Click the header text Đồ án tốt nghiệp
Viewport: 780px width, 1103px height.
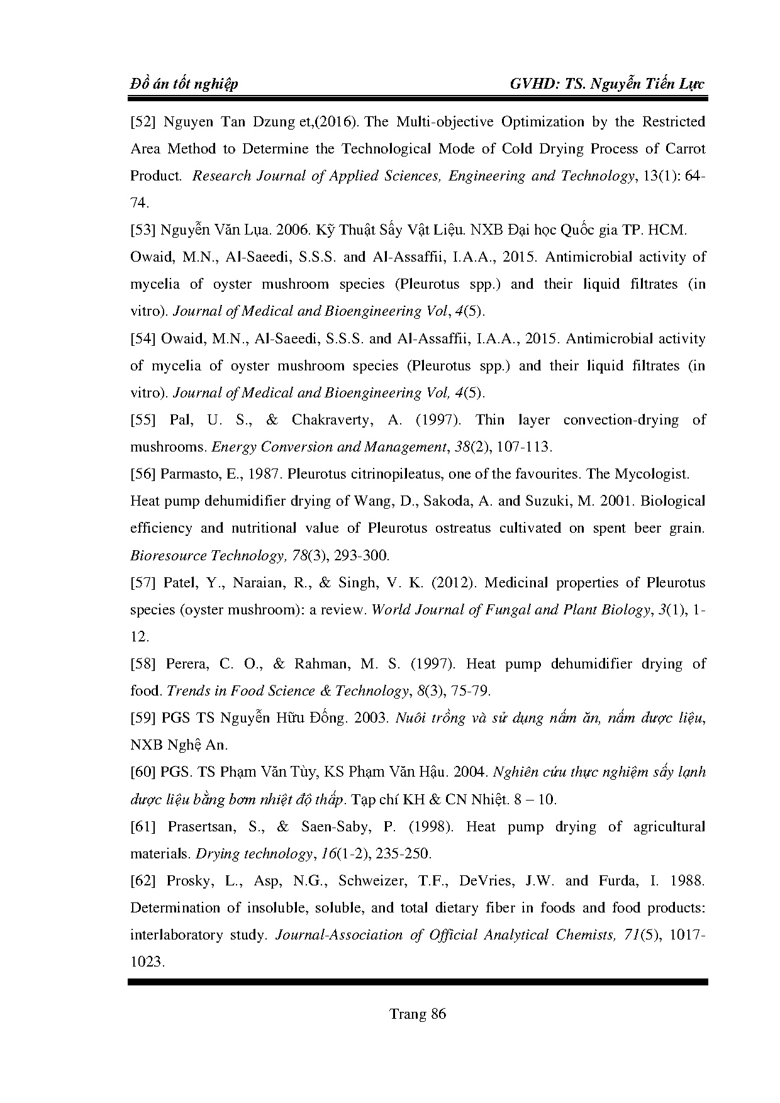[184, 84]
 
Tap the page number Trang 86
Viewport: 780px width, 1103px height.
[418, 1014]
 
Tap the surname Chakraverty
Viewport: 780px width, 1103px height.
[331, 420]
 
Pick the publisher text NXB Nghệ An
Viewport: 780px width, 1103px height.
[179, 745]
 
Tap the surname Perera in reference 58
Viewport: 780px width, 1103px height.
[187, 664]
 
